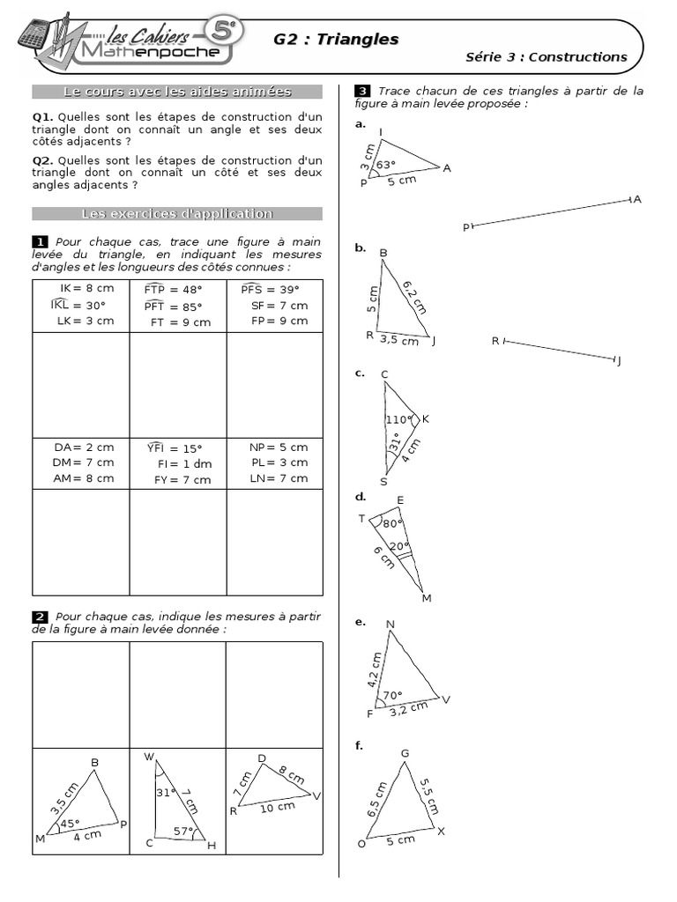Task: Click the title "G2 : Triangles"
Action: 336,40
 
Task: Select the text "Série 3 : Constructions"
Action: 546,57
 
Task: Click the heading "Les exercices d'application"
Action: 177,214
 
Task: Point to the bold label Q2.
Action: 42,160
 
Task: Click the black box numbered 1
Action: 40,242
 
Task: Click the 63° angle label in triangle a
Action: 386,164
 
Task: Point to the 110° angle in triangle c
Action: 398,419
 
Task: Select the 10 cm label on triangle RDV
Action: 279,807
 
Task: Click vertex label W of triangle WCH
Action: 149,757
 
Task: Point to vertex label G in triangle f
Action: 405,753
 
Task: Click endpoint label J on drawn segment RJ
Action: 619,361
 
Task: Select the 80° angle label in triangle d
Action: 392,522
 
